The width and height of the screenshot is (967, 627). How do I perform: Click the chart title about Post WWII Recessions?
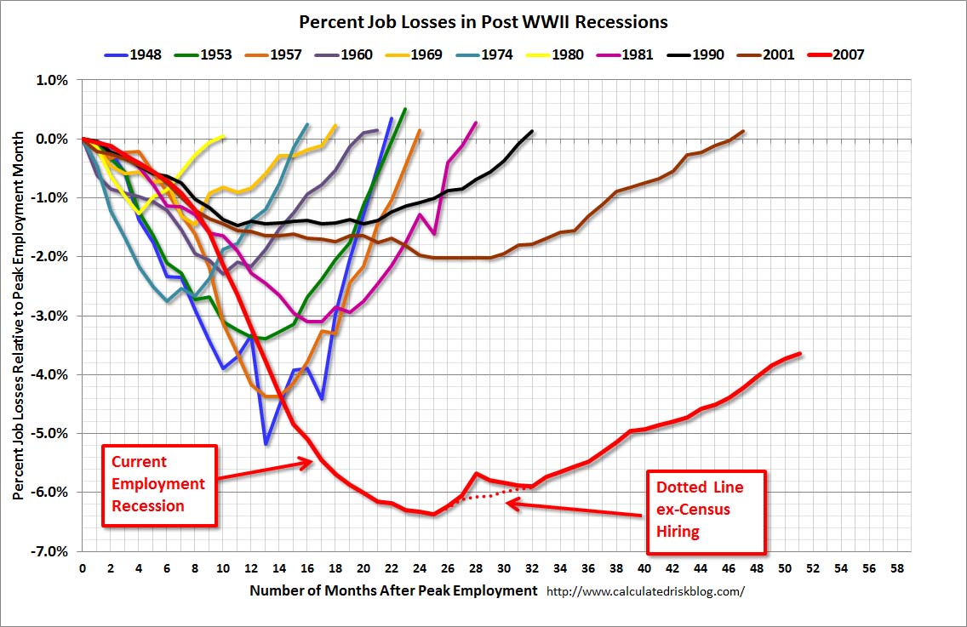pyautogui.click(x=483, y=21)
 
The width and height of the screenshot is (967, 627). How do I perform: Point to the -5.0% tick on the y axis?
pyautogui.click(x=51, y=433)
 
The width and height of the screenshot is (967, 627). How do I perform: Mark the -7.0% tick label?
pyautogui.click(x=51, y=551)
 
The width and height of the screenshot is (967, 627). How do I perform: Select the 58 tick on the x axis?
pyautogui.click(x=896, y=568)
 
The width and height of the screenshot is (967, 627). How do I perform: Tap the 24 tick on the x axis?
pyautogui.click(x=419, y=568)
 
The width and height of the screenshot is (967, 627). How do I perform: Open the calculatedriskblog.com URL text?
pyautogui.click(x=644, y=591)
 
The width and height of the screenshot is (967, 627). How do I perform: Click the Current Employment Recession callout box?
pyautogui.click(x=158, y=485)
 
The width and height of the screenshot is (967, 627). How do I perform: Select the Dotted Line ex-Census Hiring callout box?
pyautogui.click(x=706, y=510)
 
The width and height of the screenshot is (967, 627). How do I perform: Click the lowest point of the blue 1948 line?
pyautogui.click(x=266, y=443)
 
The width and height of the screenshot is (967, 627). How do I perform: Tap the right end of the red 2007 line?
pyautogui.click(x=799, y=353)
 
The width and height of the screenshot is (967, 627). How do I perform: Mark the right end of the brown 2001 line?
pyautogui.click(x=743, y=131)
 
